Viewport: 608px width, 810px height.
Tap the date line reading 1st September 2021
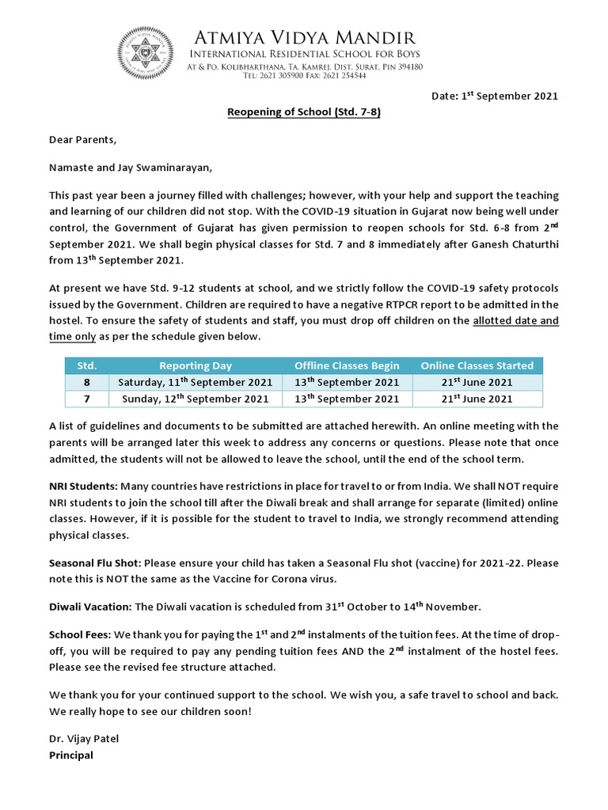tap(494, 96)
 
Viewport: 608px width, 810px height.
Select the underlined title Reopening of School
tap(304, 112)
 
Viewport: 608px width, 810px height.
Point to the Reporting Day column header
tap(196, 365)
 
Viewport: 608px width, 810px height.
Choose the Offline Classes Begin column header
tap(347, 365)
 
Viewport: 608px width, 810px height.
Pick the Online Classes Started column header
tap(477, 365)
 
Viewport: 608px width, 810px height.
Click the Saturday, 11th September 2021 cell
tap(196, 382)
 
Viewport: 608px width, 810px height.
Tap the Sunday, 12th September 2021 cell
tap(196, 399)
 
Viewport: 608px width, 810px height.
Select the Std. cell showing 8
tap(86, 382)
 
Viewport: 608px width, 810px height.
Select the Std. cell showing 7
tap(86, 399)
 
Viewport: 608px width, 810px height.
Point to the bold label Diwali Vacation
tap(90, 607)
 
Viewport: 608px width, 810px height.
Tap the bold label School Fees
tap(80, 634)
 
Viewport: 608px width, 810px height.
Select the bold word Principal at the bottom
tap(70, 755)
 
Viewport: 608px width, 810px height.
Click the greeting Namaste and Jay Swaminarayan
tap(131, 168)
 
